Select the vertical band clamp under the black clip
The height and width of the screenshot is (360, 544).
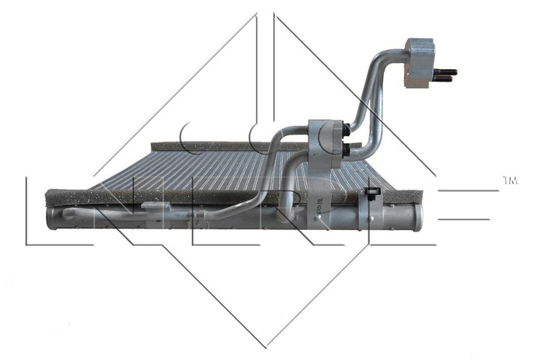tap(371, 214)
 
